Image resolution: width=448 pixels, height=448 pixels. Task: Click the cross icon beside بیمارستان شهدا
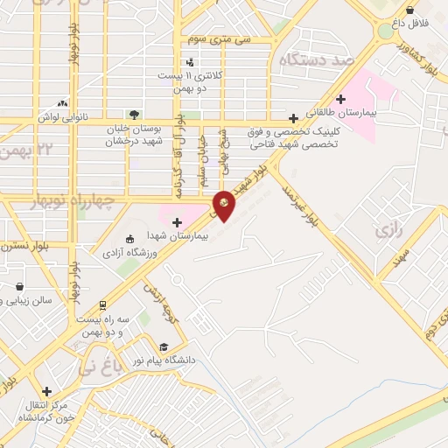[x=178, y=223]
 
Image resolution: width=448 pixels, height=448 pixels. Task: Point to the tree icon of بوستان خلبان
[x=133, y=114]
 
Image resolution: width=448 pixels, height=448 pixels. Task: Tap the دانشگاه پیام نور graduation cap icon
[x=164, y=346]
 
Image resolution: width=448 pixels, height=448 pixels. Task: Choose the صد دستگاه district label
[x=315, y=59]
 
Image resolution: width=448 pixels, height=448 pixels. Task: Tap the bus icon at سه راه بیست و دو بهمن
[x=102, y=306]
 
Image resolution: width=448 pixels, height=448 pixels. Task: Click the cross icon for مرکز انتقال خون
[x=46, y=391]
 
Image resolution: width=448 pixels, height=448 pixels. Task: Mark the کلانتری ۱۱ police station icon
[x=191, y=61]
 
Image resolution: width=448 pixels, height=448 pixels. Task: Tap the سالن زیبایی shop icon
[x=19, y=286]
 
